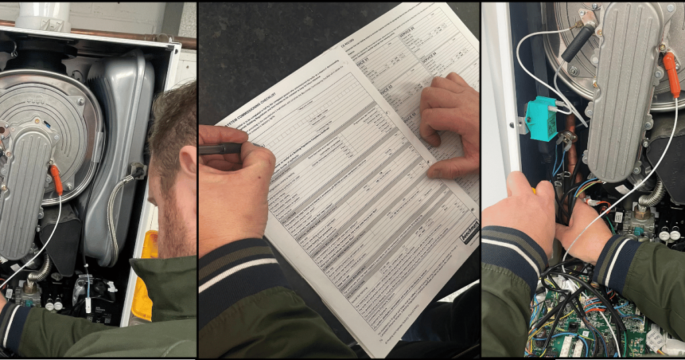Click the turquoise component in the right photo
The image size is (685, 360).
[540, 118]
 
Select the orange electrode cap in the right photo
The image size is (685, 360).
[671, 74]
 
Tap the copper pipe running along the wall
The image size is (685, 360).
[100, 28]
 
